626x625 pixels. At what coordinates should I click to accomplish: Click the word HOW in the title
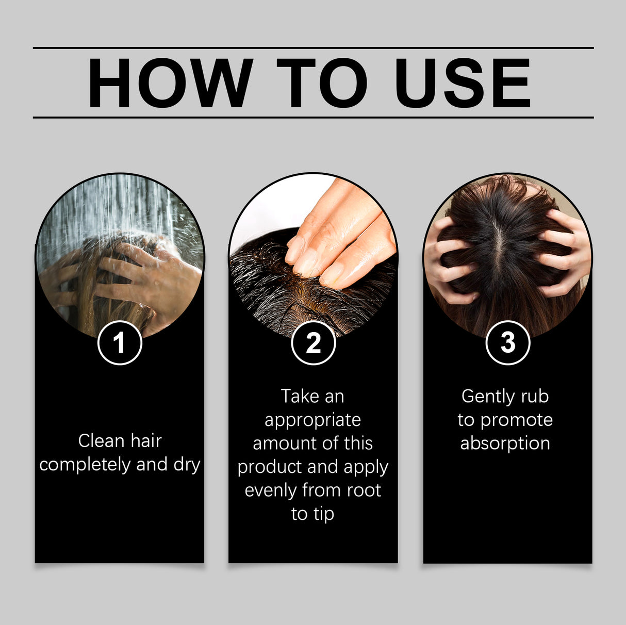tap(170, 83)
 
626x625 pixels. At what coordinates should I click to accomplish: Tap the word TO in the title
tap(322, 83)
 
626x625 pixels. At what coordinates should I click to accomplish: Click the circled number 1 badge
tap(120, 342)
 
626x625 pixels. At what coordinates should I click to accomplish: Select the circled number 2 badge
tap(313, 342)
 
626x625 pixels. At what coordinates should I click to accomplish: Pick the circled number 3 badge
tap(507, 342)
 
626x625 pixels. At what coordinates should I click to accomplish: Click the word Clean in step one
tap(101, 441)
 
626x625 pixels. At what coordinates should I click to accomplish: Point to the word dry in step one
tap(187, 465)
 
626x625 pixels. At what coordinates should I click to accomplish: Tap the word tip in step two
tap(323, 514)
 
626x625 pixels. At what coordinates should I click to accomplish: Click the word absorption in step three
tap(505, 443)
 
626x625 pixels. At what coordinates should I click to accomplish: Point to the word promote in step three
tap(516, 420)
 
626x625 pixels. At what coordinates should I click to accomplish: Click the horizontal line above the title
tap(313, 47)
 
